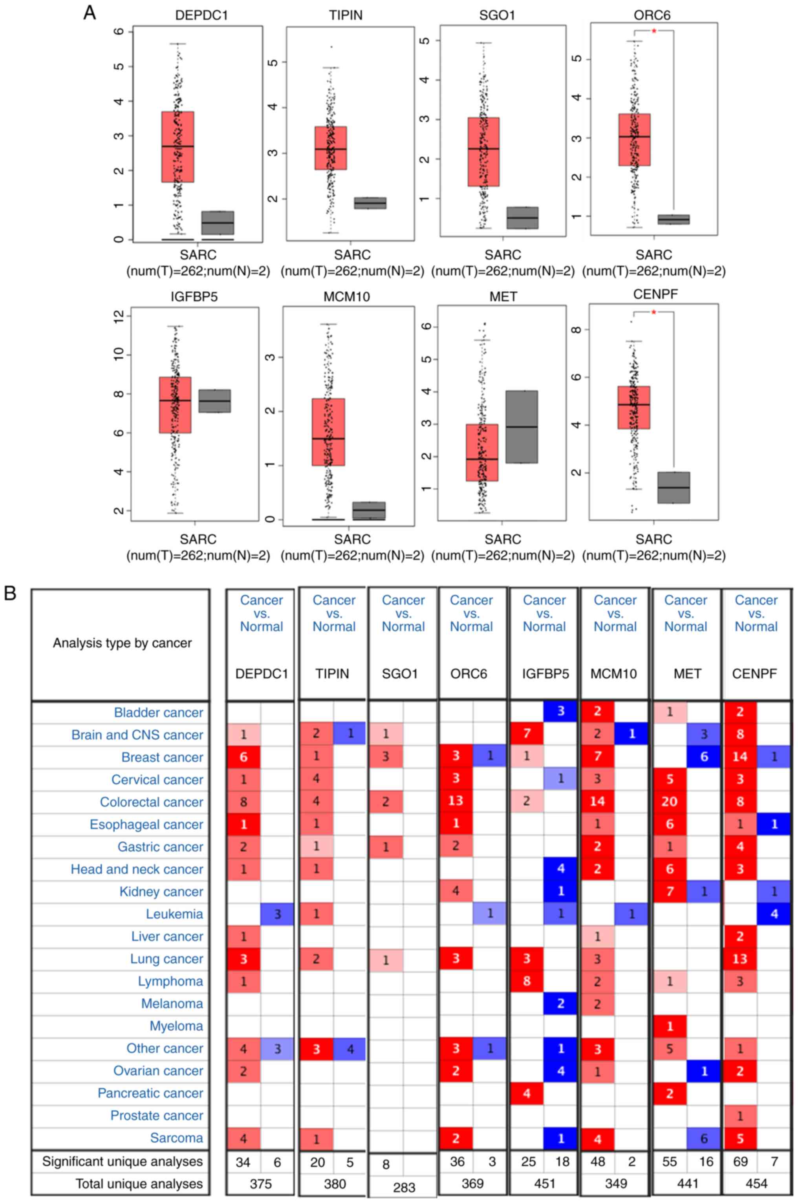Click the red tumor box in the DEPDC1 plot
click(x=178, y=146)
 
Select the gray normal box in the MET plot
click(x=522, y=427)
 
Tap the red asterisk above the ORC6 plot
click(x=654, y=31)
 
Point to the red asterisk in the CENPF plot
click(x=654, y=312)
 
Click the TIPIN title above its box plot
click(x=346, y=15)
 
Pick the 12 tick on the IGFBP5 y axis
click(x=119, y=316)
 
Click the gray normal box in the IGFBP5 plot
click(x=214, y=401)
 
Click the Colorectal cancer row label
click(x=151, y=802)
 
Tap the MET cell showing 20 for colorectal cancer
click(x=669, y=802)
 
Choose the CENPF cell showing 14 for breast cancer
click(x=739, y=757)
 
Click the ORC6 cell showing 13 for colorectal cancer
click(x=456, y=802)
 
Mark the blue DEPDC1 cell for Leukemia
click(x=277, y=914)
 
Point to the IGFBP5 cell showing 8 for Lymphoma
click(x=526, y=981)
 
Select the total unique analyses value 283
click(x=404, y=1188)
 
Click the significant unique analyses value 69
click(x=740, y=1162)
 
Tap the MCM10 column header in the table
click(x=614, y=674)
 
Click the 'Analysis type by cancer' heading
click(x=122, y=643)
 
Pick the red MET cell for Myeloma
click(x=669, y=1026)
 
